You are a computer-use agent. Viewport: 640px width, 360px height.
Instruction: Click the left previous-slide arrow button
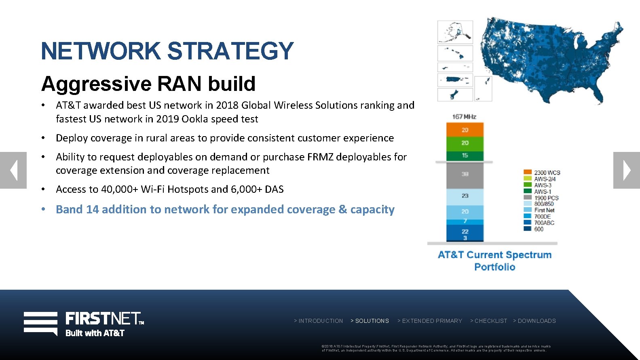tap(13, 170)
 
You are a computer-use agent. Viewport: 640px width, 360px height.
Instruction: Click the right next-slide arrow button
tap(626, 170)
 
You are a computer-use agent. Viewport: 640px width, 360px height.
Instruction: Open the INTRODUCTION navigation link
tap(319, 321)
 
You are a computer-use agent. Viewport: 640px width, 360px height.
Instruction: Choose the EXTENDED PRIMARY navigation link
tap(430, 321)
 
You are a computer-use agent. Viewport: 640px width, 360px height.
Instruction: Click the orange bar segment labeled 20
tap(465, 130)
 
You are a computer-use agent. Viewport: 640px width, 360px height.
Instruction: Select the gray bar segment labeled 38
tap(465, 175)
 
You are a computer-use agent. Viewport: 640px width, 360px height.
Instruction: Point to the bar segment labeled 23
tap(465, 196)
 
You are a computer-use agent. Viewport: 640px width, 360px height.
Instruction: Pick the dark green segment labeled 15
tap(465, 156)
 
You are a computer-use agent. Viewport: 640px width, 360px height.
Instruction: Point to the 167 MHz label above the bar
tap(464, 117)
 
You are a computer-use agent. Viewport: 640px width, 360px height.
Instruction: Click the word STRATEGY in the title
tap(230, 51)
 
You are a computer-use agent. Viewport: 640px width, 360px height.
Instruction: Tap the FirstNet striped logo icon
tap(40, 323)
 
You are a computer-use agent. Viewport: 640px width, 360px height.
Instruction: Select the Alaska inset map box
tap(455, 32)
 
